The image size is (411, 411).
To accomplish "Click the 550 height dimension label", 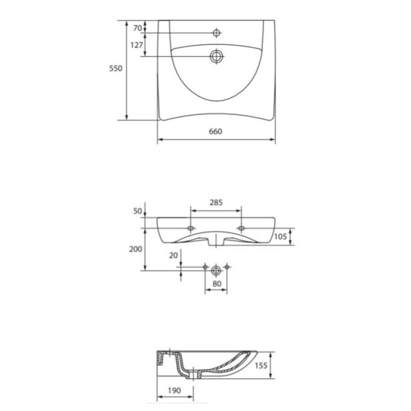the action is [116, 68].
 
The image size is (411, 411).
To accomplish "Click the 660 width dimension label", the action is [216, 132].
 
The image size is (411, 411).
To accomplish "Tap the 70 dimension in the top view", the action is [137, 28].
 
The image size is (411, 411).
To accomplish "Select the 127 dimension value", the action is [137, 45].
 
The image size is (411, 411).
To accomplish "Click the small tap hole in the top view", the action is [216, 33].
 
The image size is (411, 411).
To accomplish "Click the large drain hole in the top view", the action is [216, 56].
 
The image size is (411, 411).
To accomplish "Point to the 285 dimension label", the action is [216, 202].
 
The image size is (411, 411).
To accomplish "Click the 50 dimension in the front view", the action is [137, 211].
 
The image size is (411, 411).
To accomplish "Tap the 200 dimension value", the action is [136, 249].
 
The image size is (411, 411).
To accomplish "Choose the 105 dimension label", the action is [280, 237].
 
